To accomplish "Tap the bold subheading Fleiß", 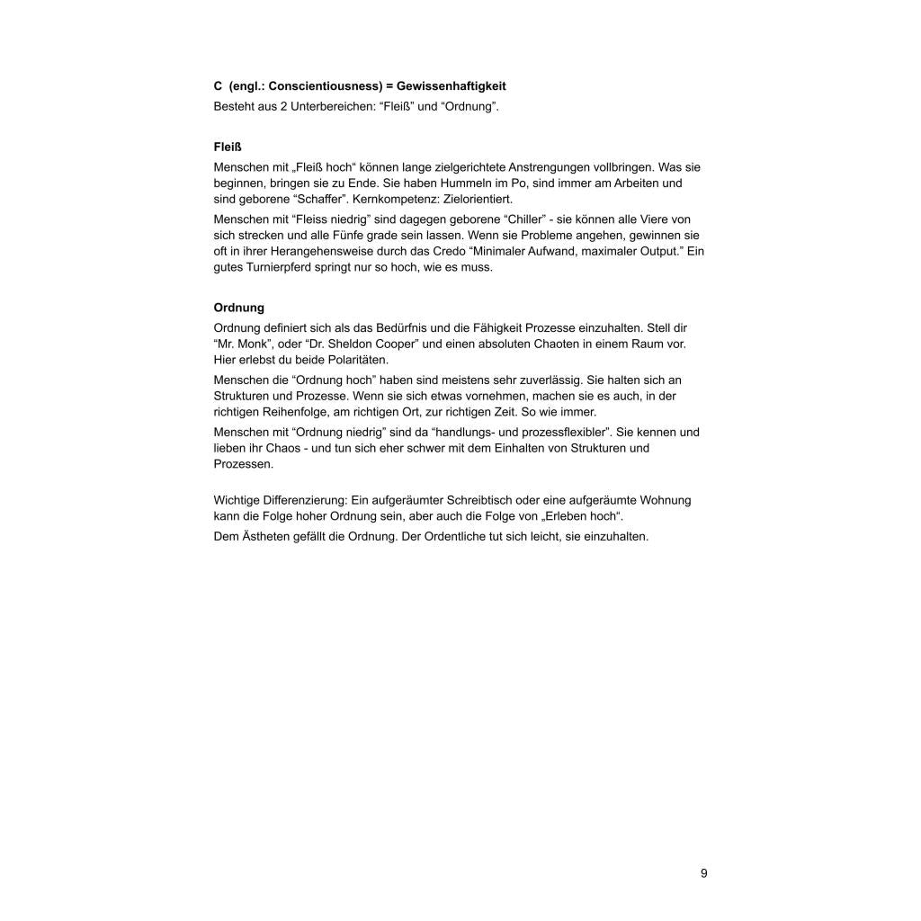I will [x=228, y=147].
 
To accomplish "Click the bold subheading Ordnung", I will [x=238, y=308].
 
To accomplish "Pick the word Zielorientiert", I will [x=480, y=199].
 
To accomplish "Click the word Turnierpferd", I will [x=280, y=268].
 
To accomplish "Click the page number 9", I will [x=703, y=873].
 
